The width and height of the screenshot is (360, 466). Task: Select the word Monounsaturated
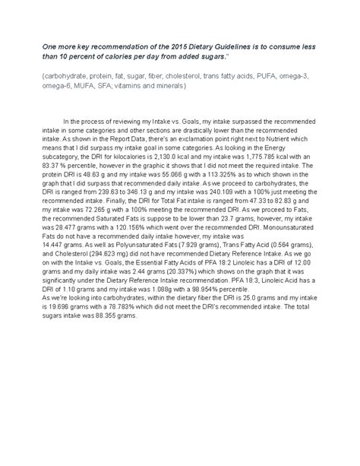click(273, 225)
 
